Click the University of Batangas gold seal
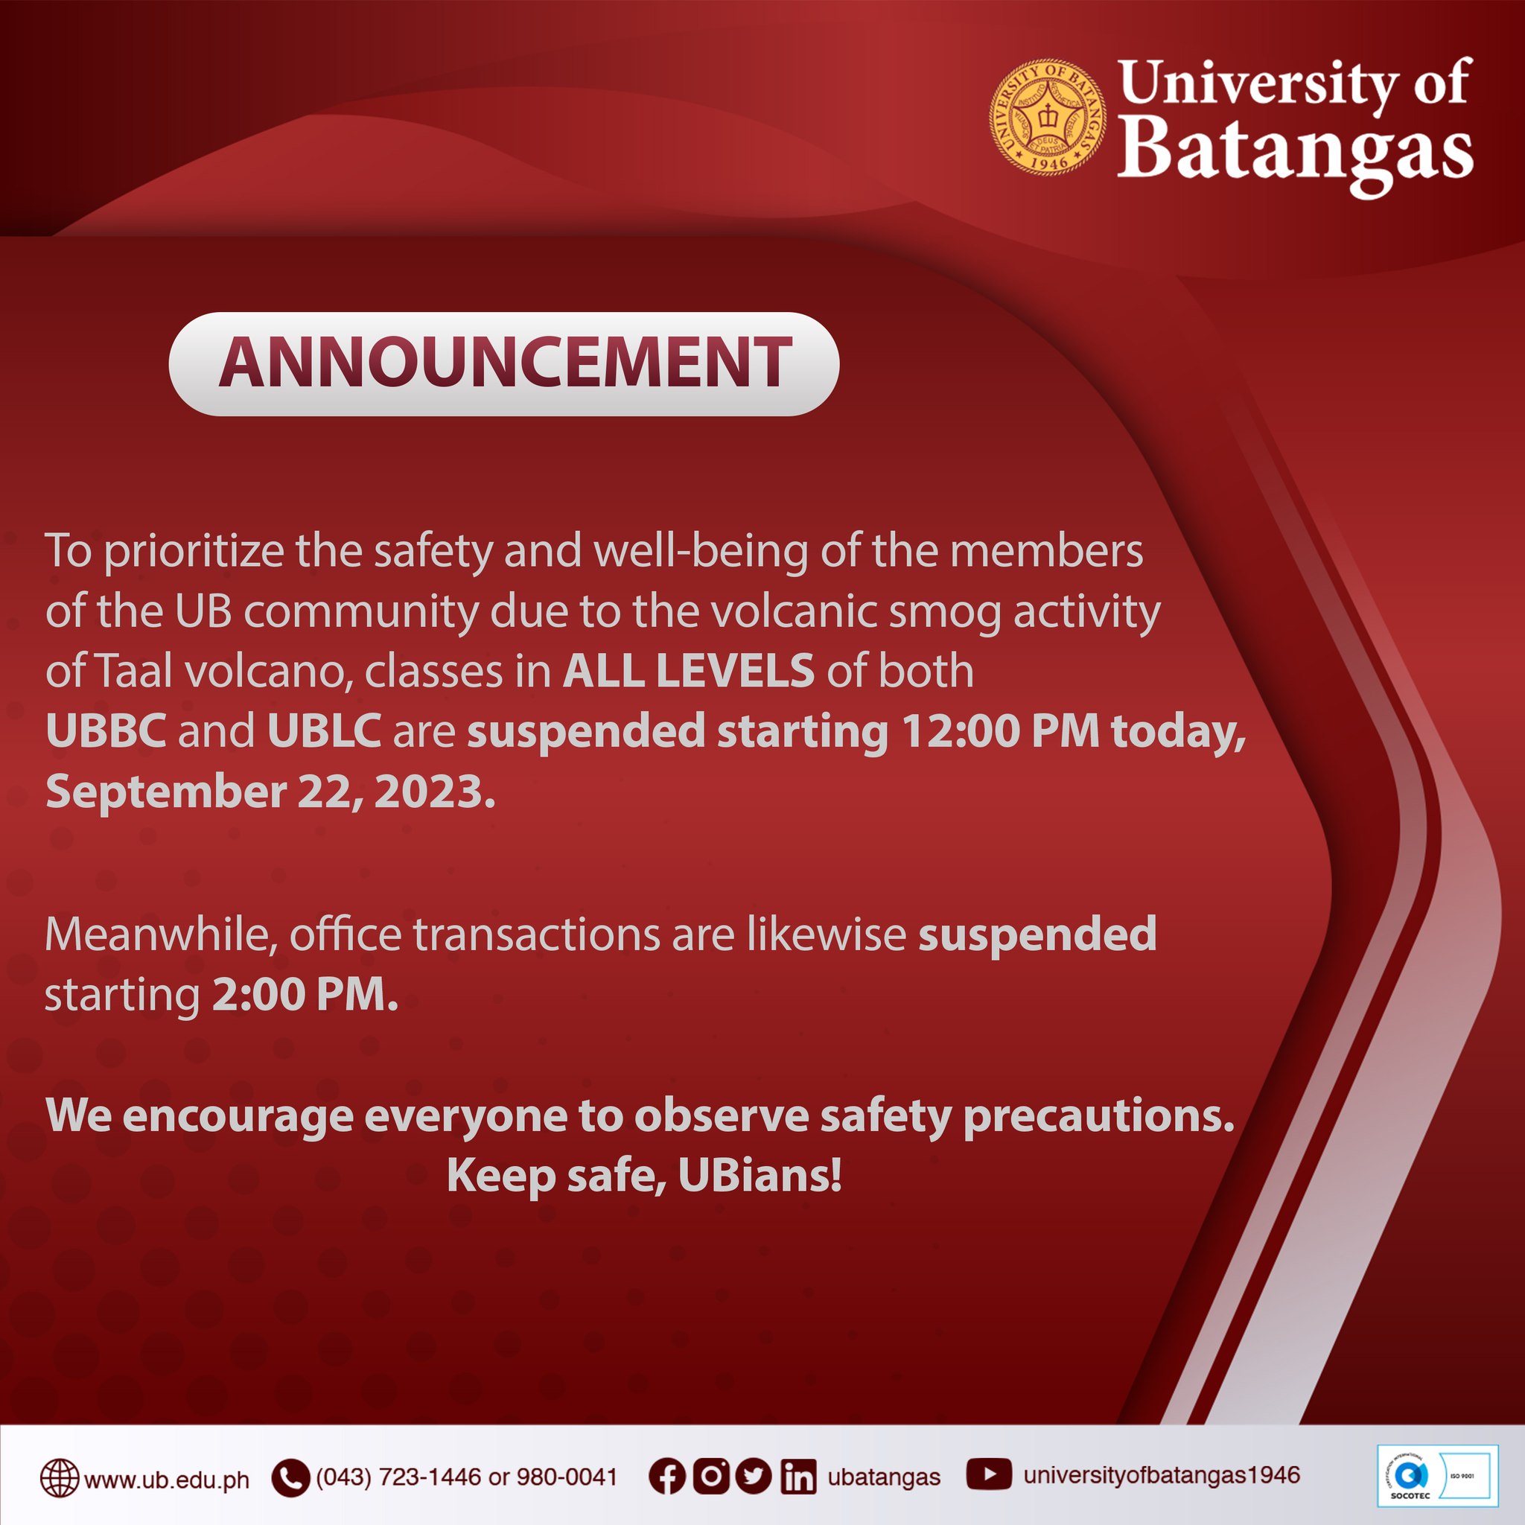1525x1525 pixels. click(1047, 117)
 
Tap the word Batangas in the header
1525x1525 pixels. click(1294, 149)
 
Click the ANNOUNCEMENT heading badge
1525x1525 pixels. click(503, 364)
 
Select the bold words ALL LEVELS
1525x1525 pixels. click(688, 671)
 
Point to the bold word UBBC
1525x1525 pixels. click(106, 731)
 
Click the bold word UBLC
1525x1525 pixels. click(325, 731)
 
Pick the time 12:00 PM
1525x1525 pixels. click(1001, 731)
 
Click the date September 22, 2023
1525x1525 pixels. click(270, 791)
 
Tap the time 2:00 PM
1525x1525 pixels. click(305, 995)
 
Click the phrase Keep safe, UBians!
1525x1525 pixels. click(644, 1176)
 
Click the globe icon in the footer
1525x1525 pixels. click(60, 1478)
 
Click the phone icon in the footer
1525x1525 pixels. click(290, 1478)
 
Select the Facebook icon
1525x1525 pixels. click(667, 1477)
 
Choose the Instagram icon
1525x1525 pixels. click(710, 1477)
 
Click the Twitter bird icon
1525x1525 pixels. click(753, 1477)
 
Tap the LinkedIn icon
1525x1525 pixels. click(798, 1477)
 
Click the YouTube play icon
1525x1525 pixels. click(988, 1474)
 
